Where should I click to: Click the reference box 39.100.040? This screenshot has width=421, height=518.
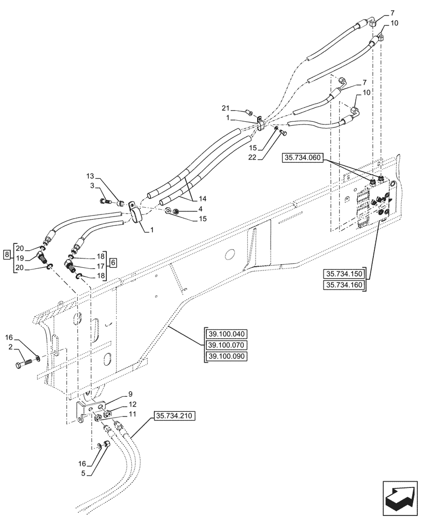pos(227,334)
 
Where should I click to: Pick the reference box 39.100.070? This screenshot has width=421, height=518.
pos(227,346)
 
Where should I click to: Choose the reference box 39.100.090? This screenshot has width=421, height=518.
pos(227,356)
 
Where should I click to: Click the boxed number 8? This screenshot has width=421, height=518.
pos(6,254)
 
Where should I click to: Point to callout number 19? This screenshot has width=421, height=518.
pos(20,257)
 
